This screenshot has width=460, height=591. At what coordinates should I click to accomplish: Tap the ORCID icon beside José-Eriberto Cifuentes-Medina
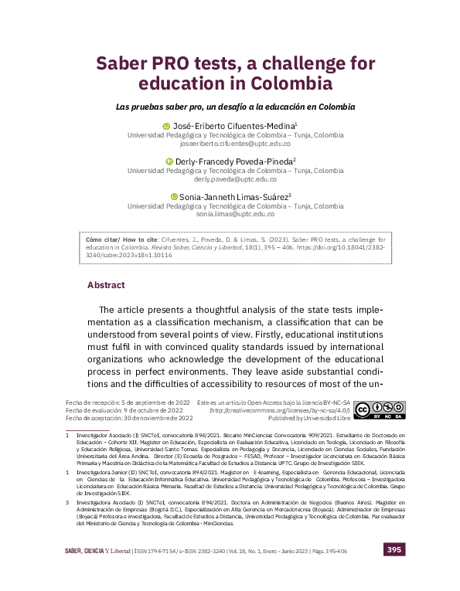(165, 126)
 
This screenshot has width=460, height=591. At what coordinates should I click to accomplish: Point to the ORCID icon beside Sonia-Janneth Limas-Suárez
(173, 197)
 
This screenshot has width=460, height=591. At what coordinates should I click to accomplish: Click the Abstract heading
(106, 285)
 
